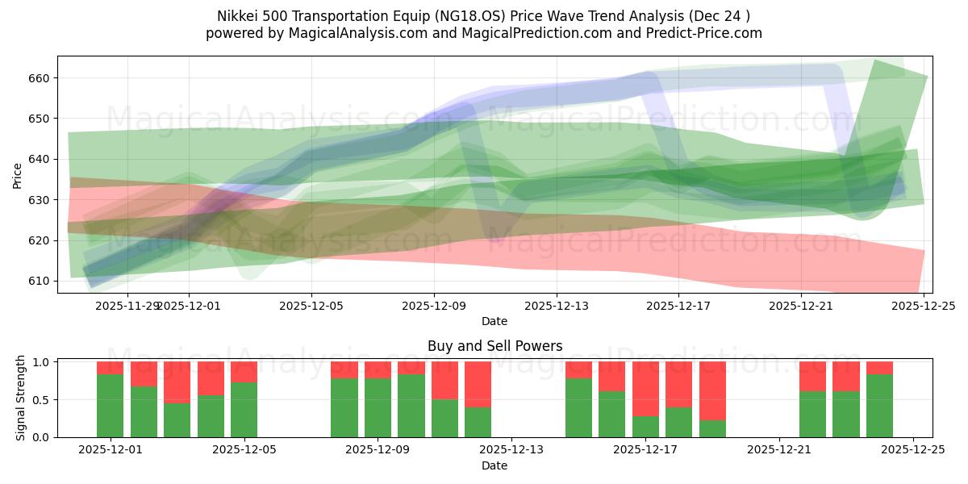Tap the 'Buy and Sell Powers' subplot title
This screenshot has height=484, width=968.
494,346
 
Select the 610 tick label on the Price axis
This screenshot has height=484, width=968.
40,281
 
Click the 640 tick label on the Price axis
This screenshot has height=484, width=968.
40,159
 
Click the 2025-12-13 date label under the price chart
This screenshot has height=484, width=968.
556,306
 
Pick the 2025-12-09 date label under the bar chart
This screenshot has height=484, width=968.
378,450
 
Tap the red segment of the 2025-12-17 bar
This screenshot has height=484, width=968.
645,388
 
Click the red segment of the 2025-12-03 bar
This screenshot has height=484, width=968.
177,382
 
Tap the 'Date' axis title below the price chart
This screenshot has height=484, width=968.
494,321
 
